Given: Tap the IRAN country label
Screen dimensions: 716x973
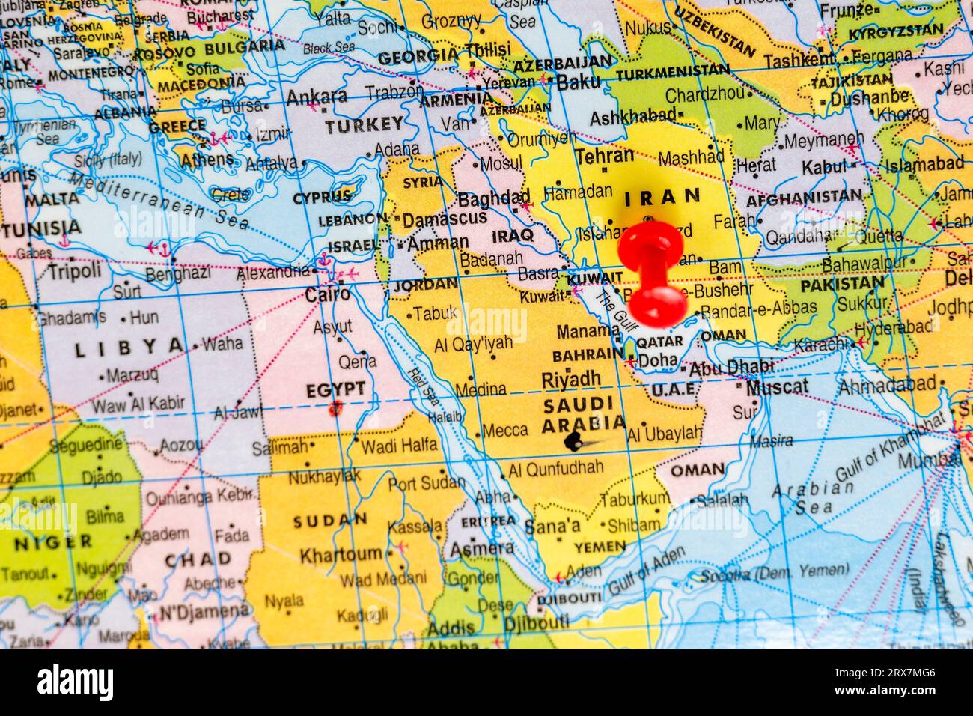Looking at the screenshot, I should coord(662,198).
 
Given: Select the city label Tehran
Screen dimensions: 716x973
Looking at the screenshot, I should coord(605,156).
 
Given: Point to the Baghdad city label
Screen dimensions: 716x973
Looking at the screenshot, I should coord(493,199).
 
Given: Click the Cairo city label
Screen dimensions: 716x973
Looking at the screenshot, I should coord(327,294).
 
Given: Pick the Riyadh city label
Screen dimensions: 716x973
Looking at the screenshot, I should coord(572,379).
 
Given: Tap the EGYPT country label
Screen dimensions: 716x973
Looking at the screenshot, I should coord(335,389).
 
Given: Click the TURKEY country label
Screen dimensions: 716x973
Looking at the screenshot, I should coord(364,125).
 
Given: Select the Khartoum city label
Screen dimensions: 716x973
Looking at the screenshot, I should coord(341,555).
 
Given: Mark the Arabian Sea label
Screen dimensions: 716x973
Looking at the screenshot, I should coord(802,497).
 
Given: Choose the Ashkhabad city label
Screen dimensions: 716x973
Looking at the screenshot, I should coord(632,118).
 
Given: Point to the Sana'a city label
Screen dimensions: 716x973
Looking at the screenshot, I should coord(552,526).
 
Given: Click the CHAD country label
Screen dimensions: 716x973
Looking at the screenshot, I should coord(198,559).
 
